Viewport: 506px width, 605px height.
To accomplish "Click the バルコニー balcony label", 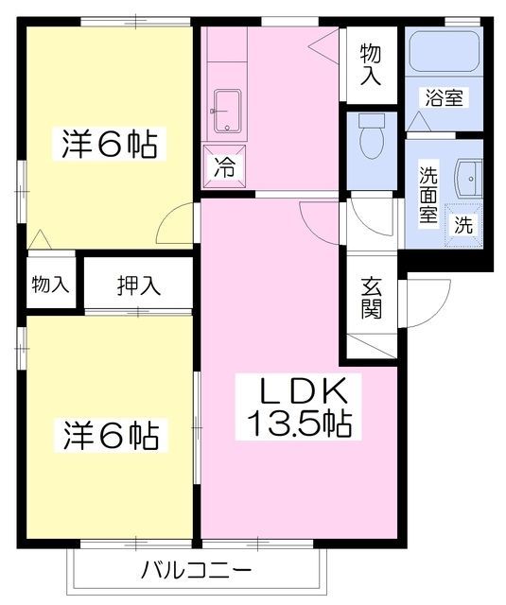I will pyautogui.click(x=196, y=571).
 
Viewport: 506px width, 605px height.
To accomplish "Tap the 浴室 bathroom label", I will pyautogui.click(x=444, y=96).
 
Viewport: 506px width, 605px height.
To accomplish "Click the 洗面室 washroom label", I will pyautogui.click(x=428, y=194).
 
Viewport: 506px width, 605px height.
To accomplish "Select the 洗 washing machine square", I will pyautogui.click(x=464, y=225).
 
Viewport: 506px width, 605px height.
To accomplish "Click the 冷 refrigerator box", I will pyautogui.click(x=225, y=169).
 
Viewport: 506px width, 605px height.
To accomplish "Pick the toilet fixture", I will pyautogui.click(x=372, y=137).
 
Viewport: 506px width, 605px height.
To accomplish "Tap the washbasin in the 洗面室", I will pyautogui.click(x=468, y=176).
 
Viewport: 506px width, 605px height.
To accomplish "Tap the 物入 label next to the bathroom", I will pyautogui.click(x=372, y=66).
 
